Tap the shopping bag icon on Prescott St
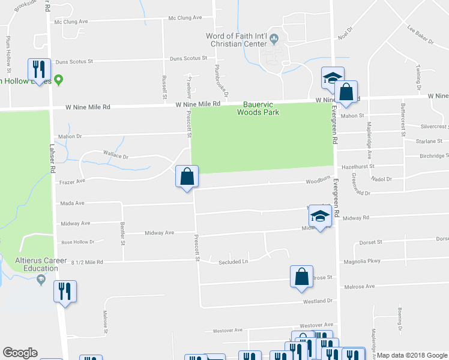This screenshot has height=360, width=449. [x=187, y=177]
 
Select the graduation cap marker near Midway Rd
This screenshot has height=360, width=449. [x=320, y=217]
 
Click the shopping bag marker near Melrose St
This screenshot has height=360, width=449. [x=301, y=277]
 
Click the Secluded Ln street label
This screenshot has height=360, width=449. [x=234, y=262]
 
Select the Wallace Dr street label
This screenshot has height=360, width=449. [x=116, y=156]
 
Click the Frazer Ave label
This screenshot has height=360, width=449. [x=72, y=180]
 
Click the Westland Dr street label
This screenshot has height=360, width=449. [x=318, y=301]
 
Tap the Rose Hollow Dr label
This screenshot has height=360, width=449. [x=78, y=242]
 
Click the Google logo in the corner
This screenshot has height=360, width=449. [x=20, y=353]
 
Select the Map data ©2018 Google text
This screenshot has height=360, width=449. [x=412, y=355]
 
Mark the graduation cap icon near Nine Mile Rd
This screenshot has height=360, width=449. [x=332, y=77]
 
